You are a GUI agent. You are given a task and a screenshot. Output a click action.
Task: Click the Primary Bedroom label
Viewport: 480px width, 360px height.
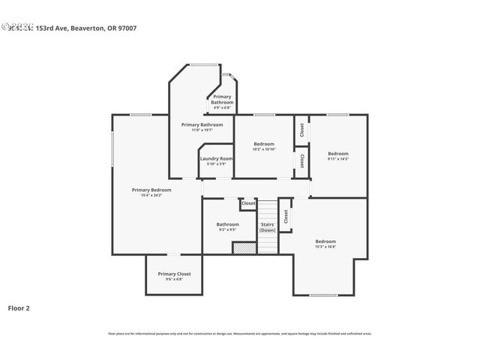[x=146, y=190]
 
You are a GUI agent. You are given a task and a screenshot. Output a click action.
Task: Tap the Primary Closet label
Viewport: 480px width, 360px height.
[x=174, y=274]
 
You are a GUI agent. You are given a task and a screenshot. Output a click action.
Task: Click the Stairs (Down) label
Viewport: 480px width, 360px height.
[x=268, y=227]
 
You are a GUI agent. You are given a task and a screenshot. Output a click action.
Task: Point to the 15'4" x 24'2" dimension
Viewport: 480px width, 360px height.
[x=146, y=196]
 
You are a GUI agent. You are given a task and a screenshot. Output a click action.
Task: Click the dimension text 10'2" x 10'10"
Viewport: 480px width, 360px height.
[x=264, y=149]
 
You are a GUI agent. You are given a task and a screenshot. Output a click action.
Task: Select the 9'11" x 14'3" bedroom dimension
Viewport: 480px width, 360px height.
[x=338, y=159]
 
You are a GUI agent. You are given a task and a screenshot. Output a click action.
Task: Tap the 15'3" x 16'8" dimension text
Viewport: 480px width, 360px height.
[x=325, y=247]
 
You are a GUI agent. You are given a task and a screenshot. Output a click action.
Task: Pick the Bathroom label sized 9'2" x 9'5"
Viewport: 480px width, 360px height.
[x=227, y=224]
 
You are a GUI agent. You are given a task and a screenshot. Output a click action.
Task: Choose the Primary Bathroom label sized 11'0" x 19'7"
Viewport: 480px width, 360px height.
[x=202, y=124]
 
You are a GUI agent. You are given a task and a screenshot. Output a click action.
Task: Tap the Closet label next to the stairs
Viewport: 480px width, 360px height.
[x=286, y=216]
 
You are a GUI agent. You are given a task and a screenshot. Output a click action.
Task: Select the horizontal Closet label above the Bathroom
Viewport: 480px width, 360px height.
[x=248, y=203]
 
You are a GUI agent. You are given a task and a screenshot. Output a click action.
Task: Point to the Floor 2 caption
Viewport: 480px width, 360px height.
[x=19, y=307]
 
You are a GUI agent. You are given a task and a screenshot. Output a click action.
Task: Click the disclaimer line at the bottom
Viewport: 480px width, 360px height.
[x=240, y=334]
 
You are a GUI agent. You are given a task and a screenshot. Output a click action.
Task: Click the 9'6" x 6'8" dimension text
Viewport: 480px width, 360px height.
[x=174, y=280]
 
